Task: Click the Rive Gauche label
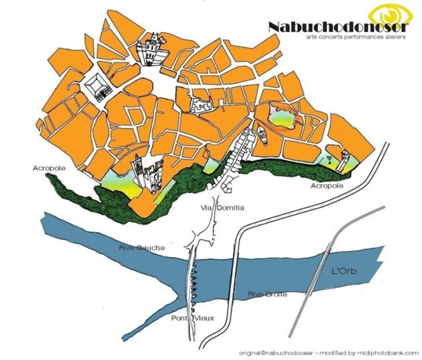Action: tap(143, 248)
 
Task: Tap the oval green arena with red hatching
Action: tap(281, 119)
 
